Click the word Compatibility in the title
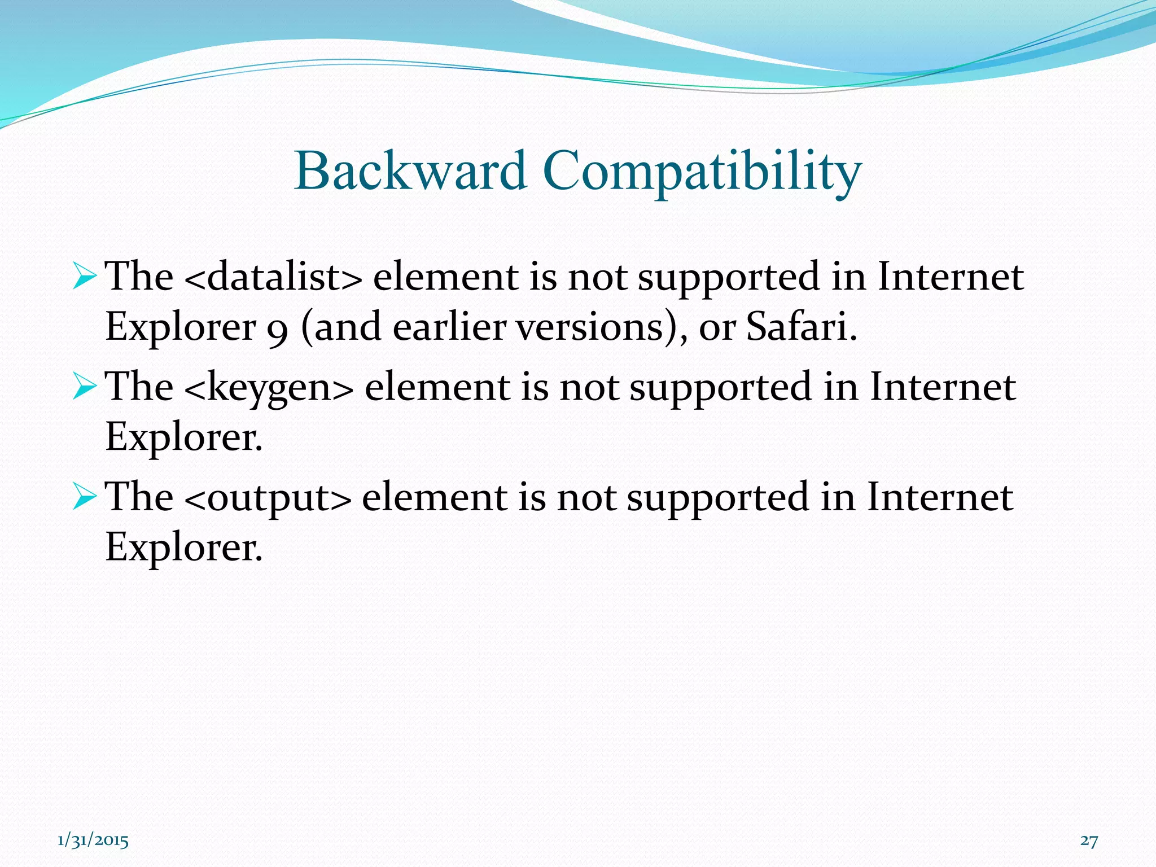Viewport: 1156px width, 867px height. click(702, 172)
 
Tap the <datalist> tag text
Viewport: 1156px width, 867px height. click(273, 277)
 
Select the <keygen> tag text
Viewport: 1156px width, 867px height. click(269, 387)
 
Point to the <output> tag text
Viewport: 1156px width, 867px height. click(268, 497)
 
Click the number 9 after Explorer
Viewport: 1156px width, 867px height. click(278, 329)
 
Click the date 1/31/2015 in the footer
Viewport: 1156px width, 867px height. click(93, 840)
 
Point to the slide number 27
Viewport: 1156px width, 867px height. click(1089, 840)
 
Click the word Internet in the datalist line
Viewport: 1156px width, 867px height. click(950, 277)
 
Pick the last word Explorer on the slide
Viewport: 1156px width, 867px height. click(184, 547)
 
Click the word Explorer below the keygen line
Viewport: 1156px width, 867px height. click(184, 437)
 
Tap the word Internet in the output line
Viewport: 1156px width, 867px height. click(940, 497)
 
